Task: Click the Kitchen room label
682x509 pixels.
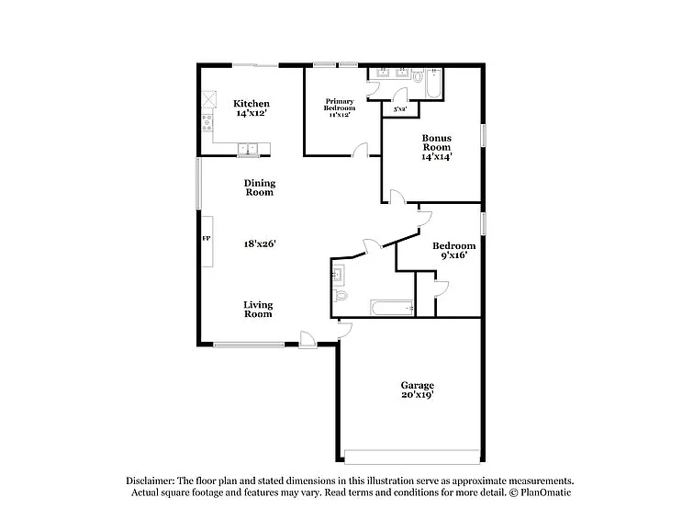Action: click(251, 104)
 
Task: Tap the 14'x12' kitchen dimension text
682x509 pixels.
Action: click(251, 114)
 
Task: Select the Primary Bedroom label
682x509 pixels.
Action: click(339, 104)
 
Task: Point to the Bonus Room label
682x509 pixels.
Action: click(436, 142)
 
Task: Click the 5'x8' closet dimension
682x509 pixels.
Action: click(400, 109)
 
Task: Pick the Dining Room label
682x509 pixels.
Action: click(259, 188)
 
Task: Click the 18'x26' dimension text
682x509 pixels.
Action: click(260, 243)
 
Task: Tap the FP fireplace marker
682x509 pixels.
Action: click(207, 239)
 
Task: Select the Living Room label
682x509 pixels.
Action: click(258, 309)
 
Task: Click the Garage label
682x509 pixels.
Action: click(417, 385)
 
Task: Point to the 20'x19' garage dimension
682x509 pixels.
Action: click(417, 395)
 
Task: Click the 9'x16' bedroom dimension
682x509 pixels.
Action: click(454, 255)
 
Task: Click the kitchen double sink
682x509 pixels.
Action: click(248, 148)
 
